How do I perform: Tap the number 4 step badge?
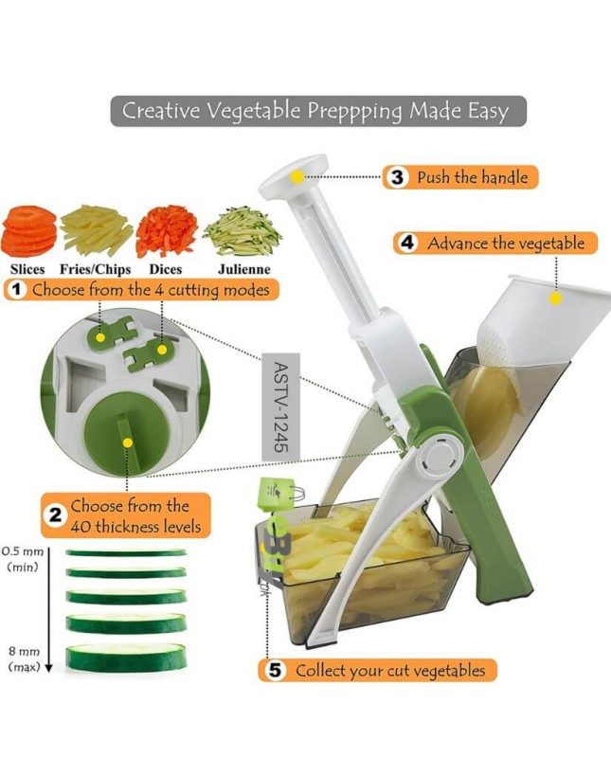coord(407,243)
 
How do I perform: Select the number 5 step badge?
coord(276,670)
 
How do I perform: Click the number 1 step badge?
coord(15,290)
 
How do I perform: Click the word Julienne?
coord(242,269)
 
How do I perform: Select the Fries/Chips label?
coord(96,269)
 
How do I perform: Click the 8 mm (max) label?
coord(23,659)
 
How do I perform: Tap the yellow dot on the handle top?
coord(297,176)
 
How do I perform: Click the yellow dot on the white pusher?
coord(556,298)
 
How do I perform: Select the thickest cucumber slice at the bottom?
coord(126,656)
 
